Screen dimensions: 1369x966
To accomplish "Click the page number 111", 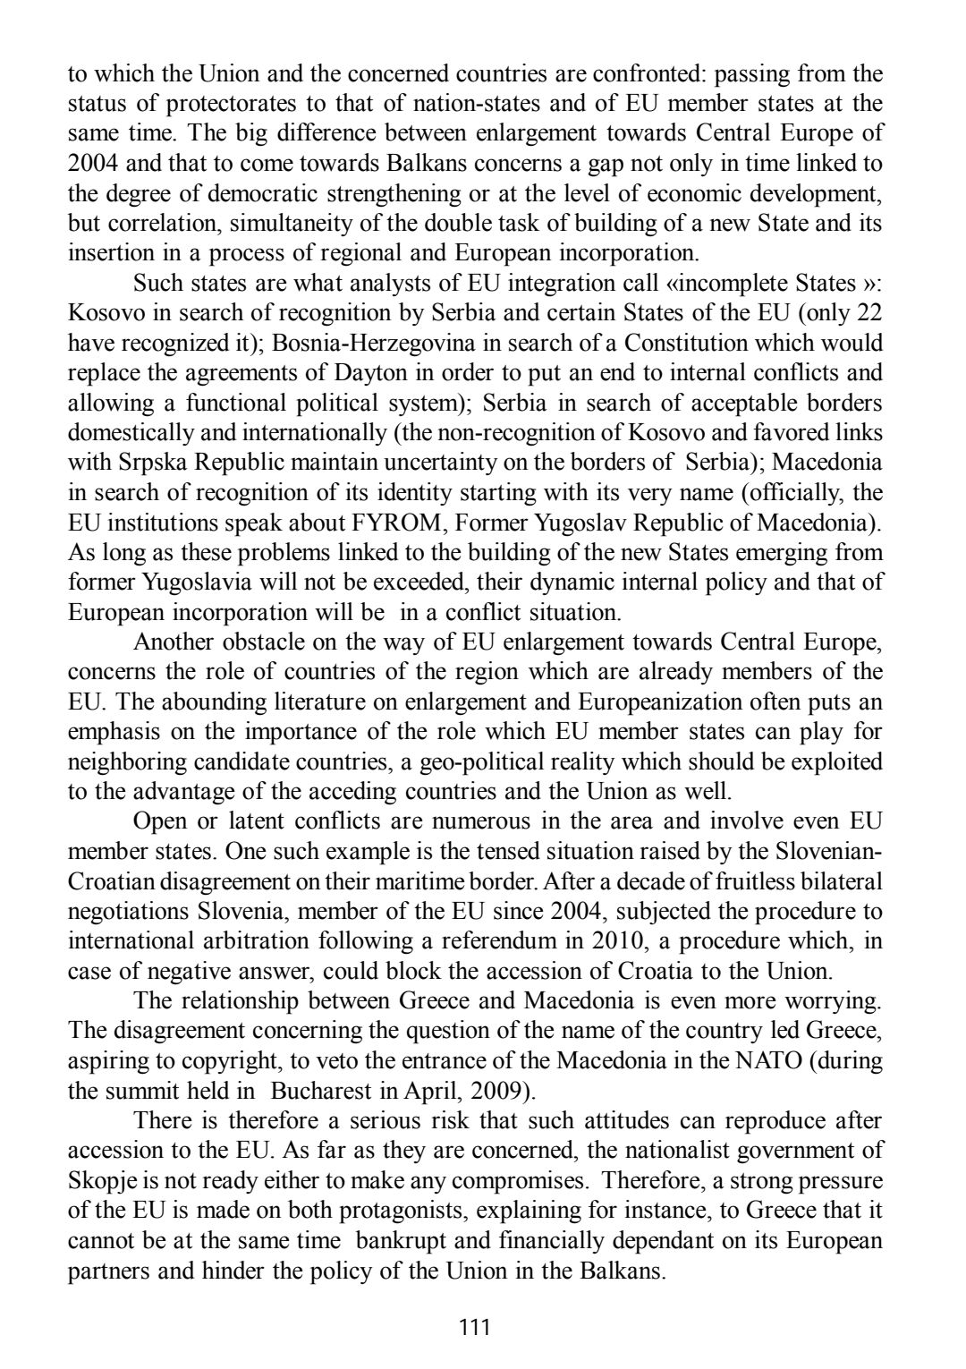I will [x=474, y=1326].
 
